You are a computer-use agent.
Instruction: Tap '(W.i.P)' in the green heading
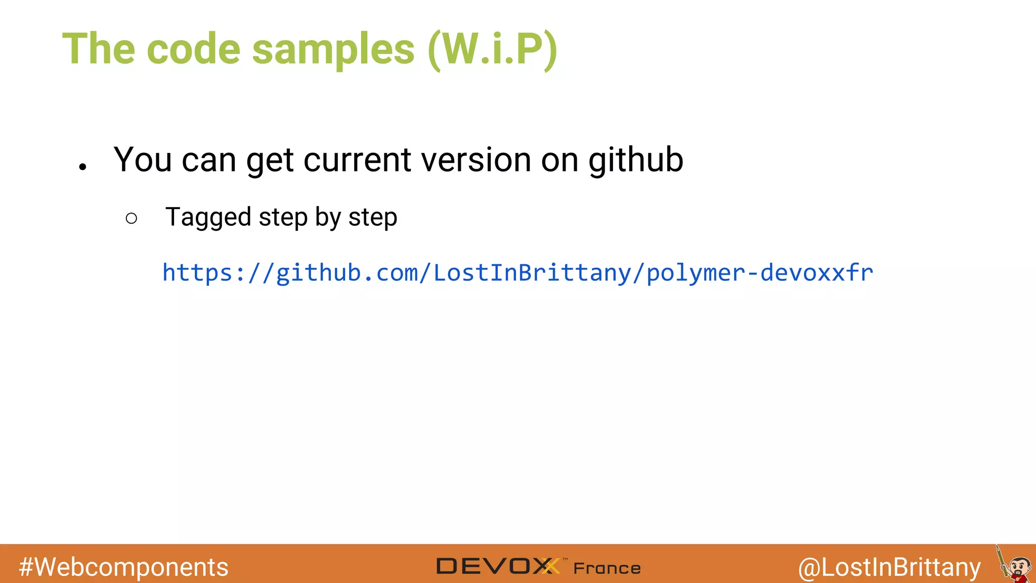[492, 50]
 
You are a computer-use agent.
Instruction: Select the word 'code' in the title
[193, 50]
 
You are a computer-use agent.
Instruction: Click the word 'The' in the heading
[99, 50]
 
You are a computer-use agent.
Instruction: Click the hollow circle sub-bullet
[132, 218]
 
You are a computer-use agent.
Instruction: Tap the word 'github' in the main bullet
[635, 160]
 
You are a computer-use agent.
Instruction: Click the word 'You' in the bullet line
[143, 160]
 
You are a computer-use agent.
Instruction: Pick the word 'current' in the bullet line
[357, 160]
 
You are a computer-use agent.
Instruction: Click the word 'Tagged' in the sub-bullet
[208, 218]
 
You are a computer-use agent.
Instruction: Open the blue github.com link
[517, 273]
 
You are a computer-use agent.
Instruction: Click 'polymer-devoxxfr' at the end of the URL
[760, 273]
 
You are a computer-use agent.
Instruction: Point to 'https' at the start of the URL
[197, 273]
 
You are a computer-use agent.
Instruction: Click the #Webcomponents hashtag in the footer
[123, 567]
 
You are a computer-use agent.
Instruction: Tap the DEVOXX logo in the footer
[498, 566]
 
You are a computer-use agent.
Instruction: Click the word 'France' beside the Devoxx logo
[607, 568]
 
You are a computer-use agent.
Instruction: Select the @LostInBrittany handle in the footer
[889, 567]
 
